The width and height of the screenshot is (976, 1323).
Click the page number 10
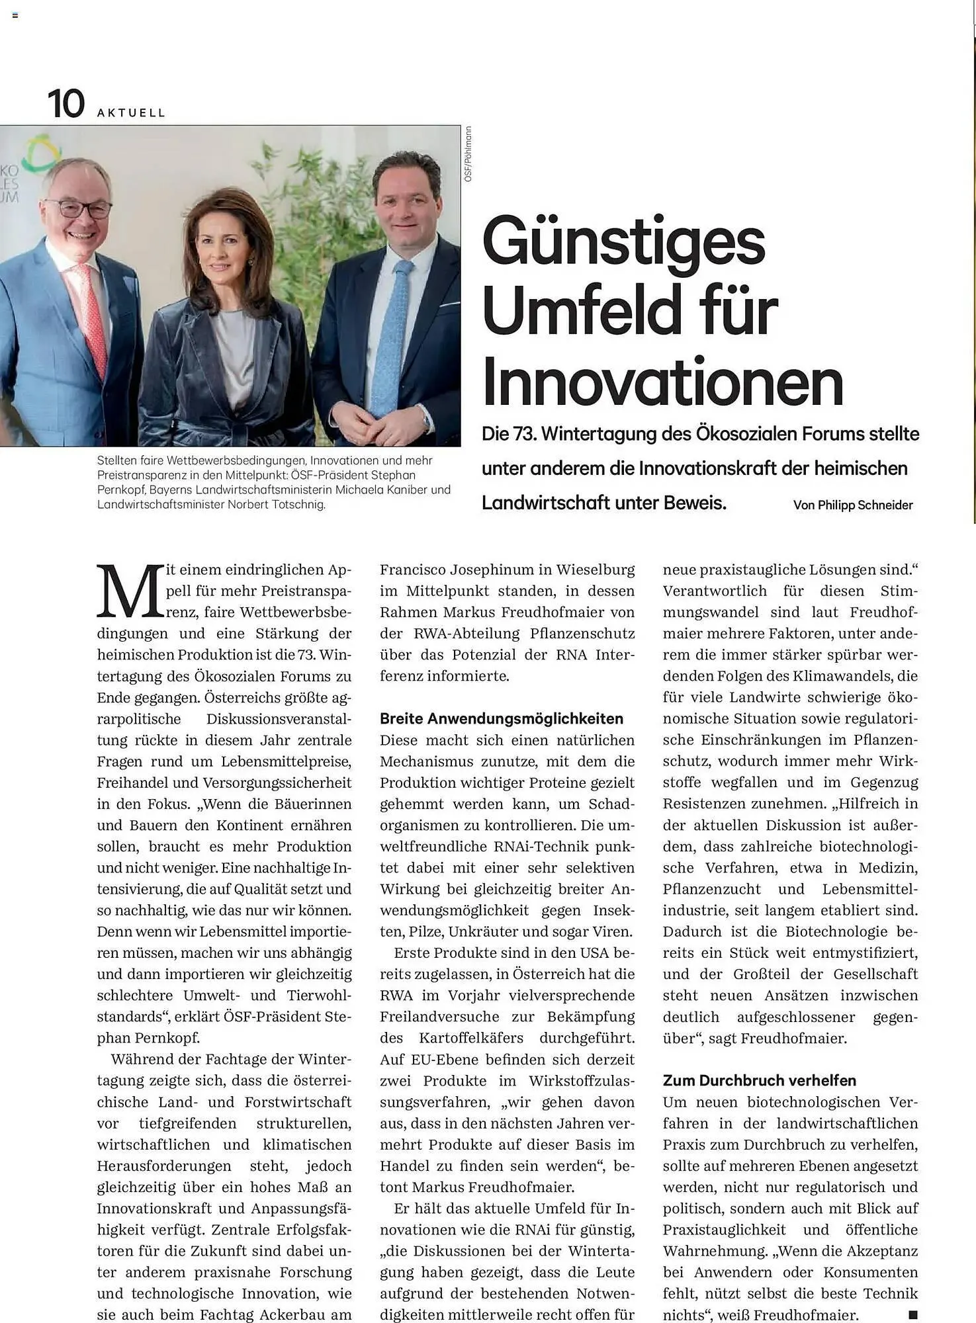click(x=66, y=105)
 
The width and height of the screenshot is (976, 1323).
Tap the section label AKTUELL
click(x=131, y=113)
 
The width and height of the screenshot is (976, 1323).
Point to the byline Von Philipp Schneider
click(x=852, y=505)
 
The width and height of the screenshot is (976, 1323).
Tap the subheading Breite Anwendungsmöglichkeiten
click(x=501, y=718)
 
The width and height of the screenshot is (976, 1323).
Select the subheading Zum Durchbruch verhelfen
click(x=759, y=1080)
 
